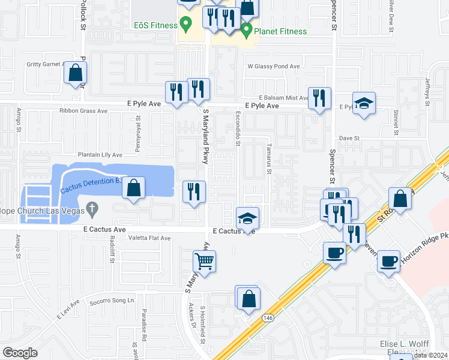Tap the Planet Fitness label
coord(280,31)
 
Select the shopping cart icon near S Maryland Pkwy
coord(205,262)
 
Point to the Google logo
coord(20,352)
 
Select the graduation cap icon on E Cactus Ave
coord(247,219)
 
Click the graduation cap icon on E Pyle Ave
coord(364,103)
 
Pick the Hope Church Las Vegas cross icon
coord(91,209)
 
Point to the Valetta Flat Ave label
coord(149,238)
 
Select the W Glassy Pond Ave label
coord(273,67)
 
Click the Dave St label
coord(349,138)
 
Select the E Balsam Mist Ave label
coord(283,97)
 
